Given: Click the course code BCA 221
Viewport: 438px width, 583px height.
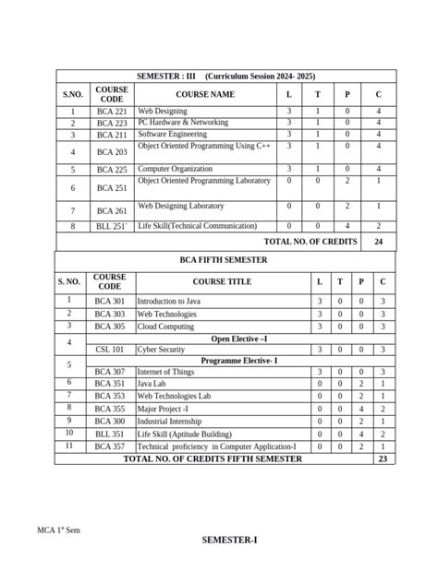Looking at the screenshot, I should coord(111,112).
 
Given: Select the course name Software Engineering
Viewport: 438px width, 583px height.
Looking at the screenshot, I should coord(169,134).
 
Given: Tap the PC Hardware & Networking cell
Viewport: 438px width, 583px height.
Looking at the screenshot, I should coord(183,123).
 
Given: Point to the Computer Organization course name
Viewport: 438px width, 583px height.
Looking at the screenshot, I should coord(173,170).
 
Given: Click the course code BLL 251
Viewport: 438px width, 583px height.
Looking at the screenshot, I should coord(111,226).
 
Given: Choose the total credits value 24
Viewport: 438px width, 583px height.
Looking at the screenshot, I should coord(378,241).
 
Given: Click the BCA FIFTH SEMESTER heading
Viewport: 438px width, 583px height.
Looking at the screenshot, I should coord(224,260).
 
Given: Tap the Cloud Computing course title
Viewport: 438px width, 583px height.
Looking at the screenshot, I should coord(165,327).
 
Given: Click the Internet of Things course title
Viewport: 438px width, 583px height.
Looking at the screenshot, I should coord(165,373).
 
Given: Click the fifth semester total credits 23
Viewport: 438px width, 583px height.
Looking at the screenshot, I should coord(383,458).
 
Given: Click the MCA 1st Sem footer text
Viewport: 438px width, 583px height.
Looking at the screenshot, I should coord(59,531).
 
